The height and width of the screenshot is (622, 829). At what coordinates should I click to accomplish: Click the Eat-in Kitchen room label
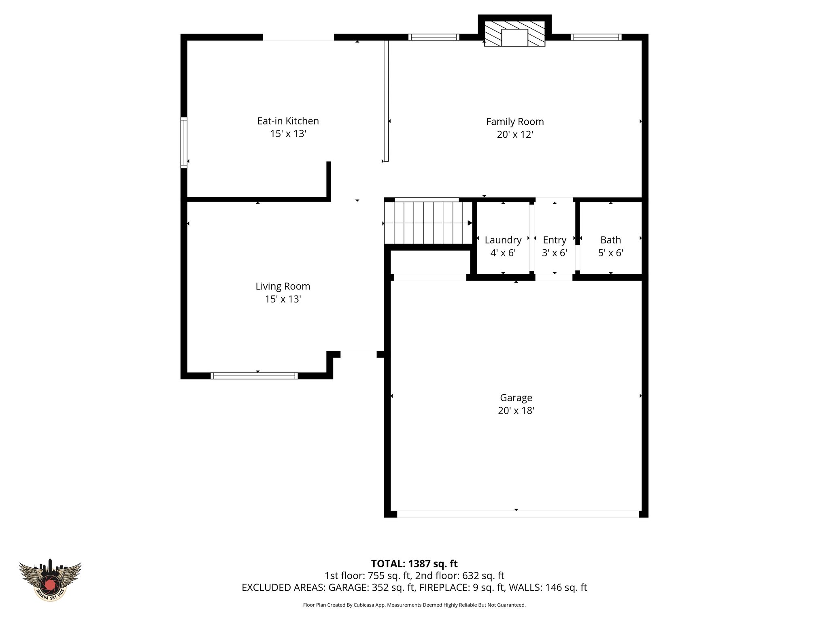288,121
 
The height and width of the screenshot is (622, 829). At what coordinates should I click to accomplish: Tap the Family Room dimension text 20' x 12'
514,134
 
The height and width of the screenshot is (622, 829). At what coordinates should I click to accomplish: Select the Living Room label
283,286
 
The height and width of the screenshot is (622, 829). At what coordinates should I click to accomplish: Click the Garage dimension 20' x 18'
516,411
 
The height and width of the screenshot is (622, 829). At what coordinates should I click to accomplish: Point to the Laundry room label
503,240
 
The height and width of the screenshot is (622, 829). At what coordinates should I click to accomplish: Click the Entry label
554,240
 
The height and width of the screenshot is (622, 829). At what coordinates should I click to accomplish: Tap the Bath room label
610,240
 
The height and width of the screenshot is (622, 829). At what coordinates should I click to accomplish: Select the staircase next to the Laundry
428,223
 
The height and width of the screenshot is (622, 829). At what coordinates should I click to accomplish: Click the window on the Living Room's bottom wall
254,376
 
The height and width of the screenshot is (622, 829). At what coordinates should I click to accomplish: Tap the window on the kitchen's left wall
184,142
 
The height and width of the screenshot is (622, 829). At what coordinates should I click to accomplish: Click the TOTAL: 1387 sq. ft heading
414,564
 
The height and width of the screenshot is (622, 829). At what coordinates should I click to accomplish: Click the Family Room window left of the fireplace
434,37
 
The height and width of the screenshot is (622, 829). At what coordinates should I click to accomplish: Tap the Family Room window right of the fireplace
596,37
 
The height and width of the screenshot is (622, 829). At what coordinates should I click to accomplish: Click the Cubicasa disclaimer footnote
414,605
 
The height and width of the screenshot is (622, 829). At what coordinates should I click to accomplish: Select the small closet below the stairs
430,262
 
